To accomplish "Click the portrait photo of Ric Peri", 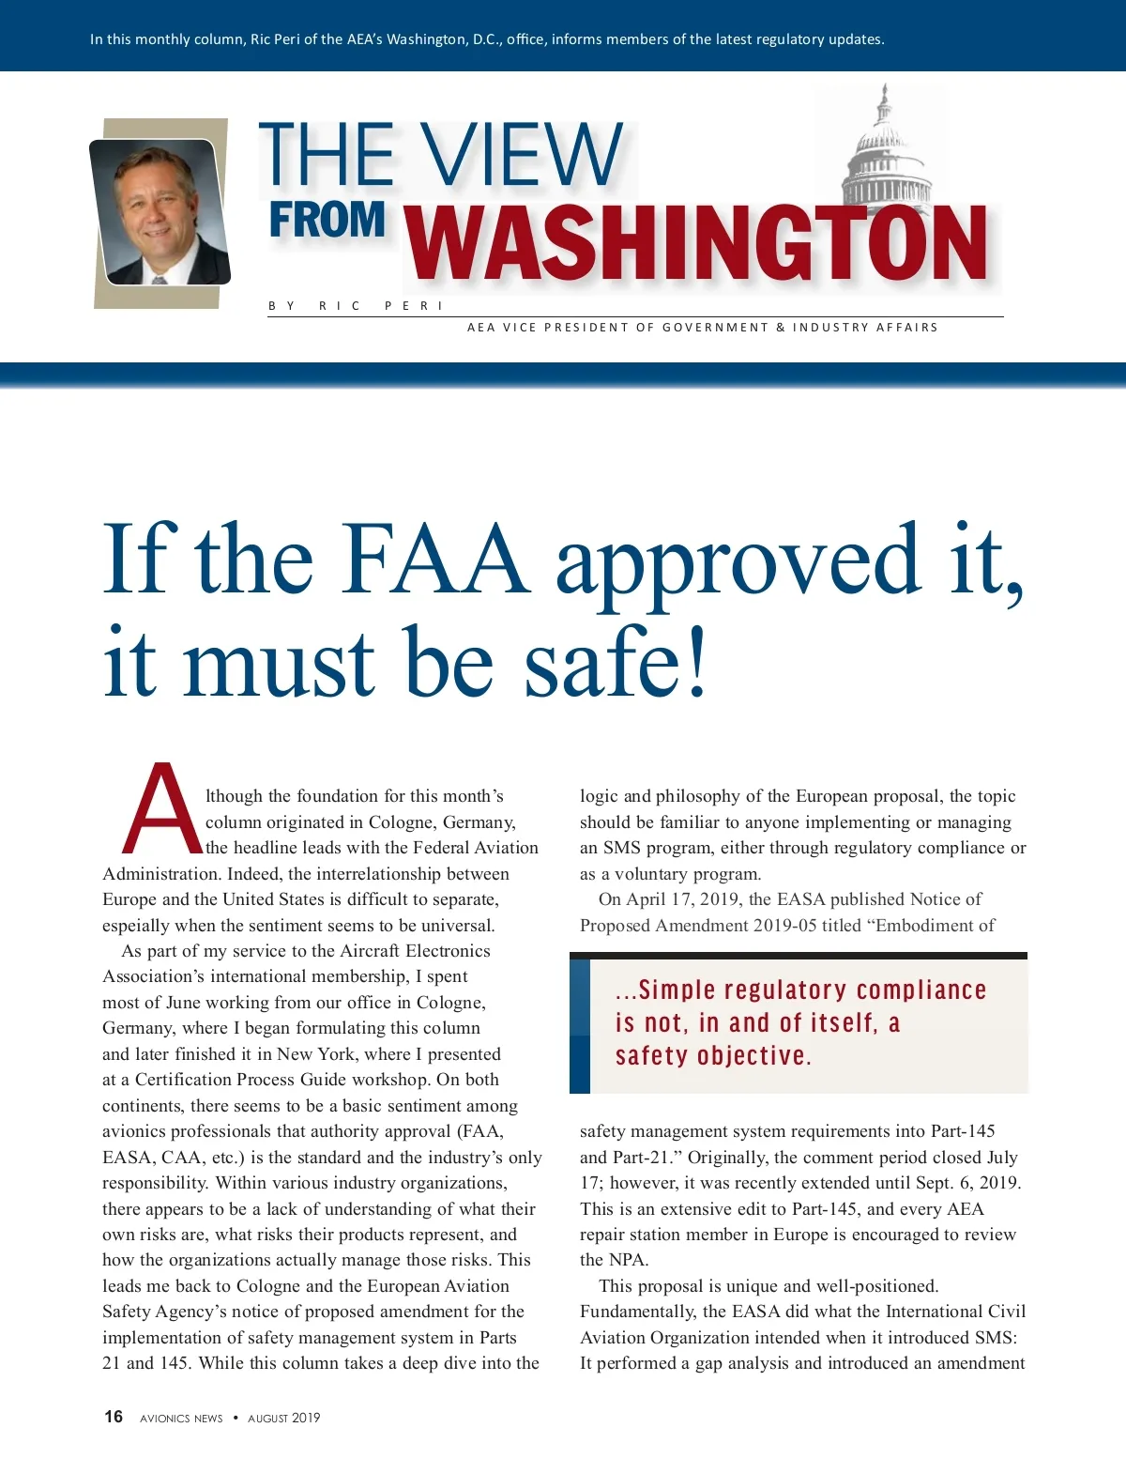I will point(160,212).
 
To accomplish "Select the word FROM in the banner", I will point(327,220).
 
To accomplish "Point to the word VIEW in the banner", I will point(522,155).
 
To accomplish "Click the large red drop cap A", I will point(162,808).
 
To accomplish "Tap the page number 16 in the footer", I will point(114,1417).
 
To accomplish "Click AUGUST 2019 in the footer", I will point(283,1418).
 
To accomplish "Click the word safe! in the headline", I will point(615,663).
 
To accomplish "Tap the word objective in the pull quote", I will point(751,1056).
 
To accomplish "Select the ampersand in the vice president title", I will point(781,328).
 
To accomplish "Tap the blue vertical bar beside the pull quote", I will point(580,1026).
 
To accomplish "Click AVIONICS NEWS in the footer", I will point(181,1419).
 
